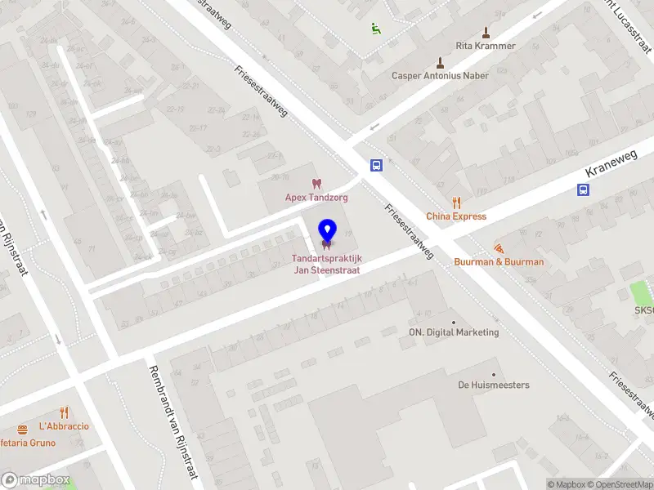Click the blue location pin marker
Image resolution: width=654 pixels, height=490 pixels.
327,231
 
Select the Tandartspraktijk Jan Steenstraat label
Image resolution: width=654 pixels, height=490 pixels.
326,265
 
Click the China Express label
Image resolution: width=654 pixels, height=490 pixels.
455,216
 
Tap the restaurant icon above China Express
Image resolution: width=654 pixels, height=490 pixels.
456,203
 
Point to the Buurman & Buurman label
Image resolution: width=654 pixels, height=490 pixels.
499,262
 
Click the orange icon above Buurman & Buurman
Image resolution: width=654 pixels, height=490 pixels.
499,248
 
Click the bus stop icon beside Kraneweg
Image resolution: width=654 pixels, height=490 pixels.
583,189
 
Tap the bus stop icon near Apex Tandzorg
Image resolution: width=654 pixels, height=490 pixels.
376,165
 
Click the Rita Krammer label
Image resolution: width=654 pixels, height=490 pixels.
486,46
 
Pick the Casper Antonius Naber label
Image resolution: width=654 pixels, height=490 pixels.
440,76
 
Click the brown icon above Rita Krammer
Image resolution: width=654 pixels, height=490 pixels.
486,33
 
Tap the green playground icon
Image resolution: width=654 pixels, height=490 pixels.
375,29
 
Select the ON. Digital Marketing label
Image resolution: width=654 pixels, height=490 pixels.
454,332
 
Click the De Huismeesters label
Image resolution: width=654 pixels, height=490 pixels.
493,385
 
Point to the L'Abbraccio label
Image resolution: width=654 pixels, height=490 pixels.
64,426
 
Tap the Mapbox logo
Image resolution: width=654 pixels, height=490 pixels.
36,479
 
